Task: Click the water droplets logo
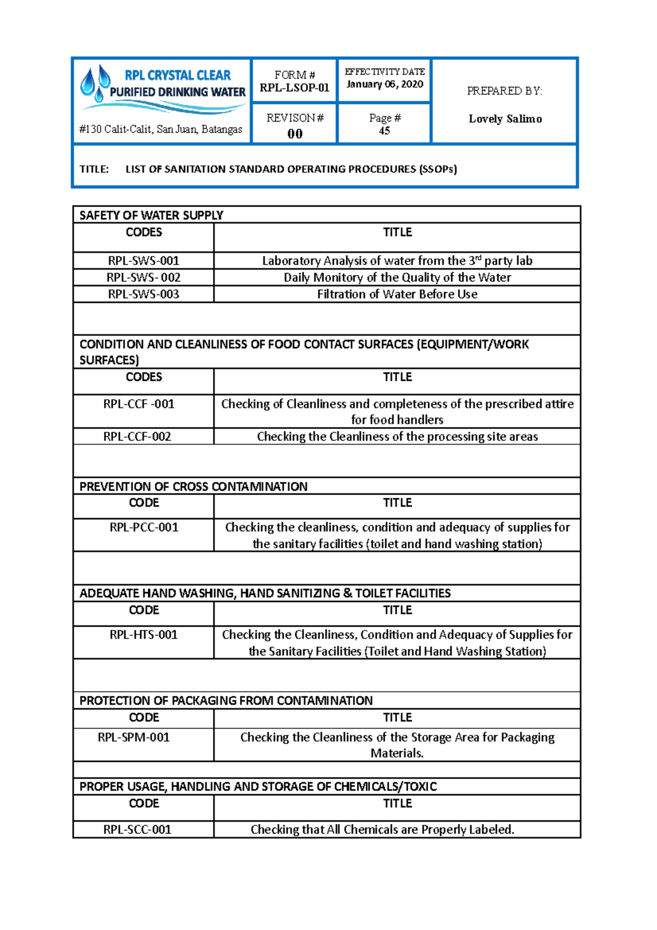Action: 95,83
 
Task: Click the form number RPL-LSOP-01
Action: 295,88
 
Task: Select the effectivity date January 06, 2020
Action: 385,84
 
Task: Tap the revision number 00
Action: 295,134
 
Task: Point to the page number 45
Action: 384,131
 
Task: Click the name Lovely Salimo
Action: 505,119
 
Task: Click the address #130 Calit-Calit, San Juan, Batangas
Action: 161,129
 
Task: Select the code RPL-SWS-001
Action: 143,261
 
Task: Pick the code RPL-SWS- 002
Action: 143,278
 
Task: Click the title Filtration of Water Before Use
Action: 397,294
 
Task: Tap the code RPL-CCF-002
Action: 137,437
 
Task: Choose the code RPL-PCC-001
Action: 143,527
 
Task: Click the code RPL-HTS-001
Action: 143,635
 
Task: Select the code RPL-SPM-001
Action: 134,737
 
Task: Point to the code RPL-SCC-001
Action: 137,830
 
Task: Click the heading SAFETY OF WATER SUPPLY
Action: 151,215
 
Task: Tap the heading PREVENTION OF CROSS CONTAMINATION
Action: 193,486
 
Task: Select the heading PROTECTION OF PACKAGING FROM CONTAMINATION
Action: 226,701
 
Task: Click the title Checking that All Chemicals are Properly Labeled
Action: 382,830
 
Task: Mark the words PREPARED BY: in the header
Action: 504,91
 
